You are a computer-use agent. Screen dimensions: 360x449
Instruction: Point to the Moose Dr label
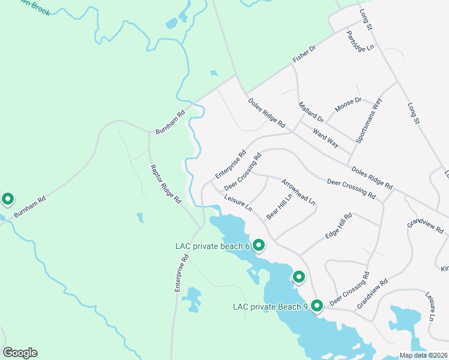pyautogui.click(x=348, y=105)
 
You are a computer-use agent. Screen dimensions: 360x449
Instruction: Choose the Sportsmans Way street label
pyautogui.click(x=369, y=121)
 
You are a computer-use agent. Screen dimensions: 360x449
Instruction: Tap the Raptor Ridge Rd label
pyautogui.click(x=165, y=184)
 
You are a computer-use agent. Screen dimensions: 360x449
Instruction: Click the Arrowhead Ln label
pyautogui.click(x=298, y=191)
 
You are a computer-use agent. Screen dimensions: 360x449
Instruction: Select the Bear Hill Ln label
pyautogui.click(x=280, y=205)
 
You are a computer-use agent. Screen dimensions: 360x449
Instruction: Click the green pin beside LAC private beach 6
pyautogui.click(x=259, y=245)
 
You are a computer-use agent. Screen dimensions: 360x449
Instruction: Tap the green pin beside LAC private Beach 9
pyautogui.click(x=316, y=306)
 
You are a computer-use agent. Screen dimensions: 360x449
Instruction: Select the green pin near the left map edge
pyautogui.click(x=8, y=199)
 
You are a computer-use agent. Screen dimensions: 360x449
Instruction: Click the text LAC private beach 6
pyautogui.click(x=212, y=246)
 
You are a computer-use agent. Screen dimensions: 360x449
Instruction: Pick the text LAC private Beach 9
pyautogui.click(x=270, y=307)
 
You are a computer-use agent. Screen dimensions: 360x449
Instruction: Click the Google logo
pyautogui.click(x=20, y=353)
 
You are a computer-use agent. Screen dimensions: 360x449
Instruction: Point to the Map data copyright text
pyautogui.click(x=423, y=355)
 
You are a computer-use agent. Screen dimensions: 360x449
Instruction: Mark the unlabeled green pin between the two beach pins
pyautogui.click(x=298, y=277)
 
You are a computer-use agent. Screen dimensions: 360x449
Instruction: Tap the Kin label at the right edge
pyautogui.click(x=444, y=268)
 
